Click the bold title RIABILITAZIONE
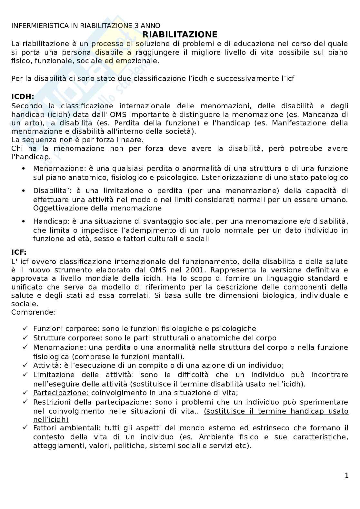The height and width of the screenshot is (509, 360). coord(180,34)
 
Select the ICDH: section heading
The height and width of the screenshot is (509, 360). coord(23,96)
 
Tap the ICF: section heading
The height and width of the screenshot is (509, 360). coord(19,252)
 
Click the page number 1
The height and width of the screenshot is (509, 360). coord(346,475)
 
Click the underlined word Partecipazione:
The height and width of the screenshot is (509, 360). coord(61,393)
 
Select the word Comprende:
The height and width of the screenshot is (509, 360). coord(34,312)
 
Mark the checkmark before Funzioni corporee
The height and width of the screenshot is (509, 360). coord(25,328)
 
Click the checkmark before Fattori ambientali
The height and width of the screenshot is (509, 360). coord(25,428)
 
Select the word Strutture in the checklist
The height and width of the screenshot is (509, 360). coord(47,338)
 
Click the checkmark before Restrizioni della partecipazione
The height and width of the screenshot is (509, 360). coord(25,402)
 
